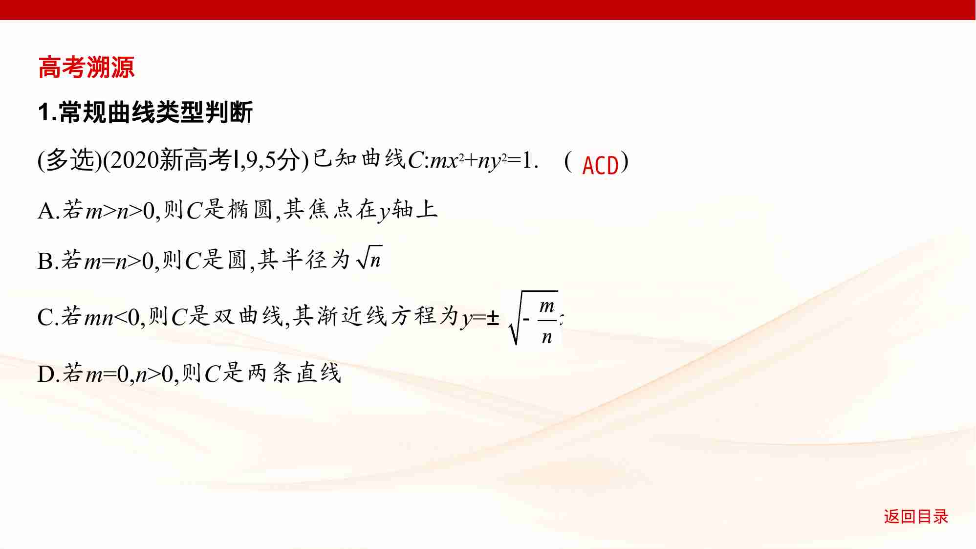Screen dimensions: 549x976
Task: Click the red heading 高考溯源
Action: [86, 67]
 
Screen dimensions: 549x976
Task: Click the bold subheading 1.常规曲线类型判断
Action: [145, 112]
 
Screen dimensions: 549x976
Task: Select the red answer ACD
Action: [600, 165]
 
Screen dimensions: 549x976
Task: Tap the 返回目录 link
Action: [915, 516]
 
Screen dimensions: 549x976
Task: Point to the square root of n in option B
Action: [369, 258]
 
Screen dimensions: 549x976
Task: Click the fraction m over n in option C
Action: [546, 321]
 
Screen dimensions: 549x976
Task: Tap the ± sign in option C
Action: [493, 318]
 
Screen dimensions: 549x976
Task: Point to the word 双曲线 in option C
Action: [247, 316]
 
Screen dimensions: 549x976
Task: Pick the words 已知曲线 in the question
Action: [359, 159]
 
